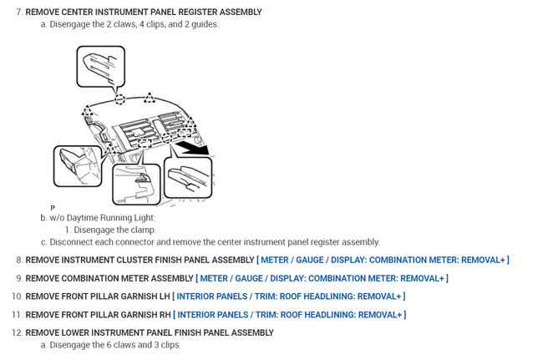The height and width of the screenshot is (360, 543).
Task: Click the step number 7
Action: [18, 13]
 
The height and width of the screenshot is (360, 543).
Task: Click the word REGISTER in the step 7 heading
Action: [184, 13]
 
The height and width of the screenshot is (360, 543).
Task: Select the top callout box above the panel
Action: [100, 64]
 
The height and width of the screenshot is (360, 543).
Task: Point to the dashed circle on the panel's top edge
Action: [120, 99]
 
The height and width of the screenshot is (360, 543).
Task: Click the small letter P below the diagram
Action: [53, 207]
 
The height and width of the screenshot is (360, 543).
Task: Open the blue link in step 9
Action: [322, 278]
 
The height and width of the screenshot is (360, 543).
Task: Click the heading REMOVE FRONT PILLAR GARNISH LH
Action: [98, 297]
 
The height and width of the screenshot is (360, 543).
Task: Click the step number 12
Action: [17, 332]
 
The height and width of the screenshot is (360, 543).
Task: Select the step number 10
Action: [17, 297]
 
